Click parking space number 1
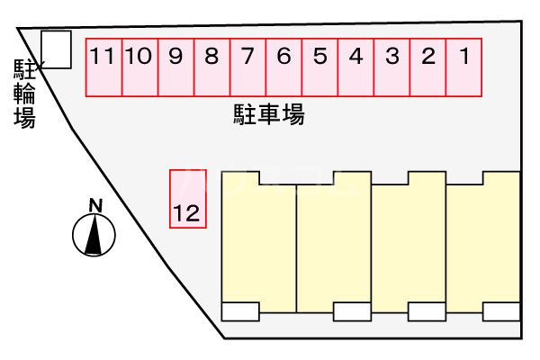pos(464,66)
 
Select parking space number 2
pos(428,66)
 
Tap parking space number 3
pos(392,66)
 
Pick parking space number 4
pos(356,66)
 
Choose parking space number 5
pos(320,66)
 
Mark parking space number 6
pos(284,66)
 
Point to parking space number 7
pos(248,66)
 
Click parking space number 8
pos(212,66)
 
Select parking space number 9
pos(176,66)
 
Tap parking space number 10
pos(139,66)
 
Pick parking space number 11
pos(103,66)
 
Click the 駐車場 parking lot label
pos(268,115)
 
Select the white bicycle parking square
pos(57,49)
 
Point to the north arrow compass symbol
pos(94,237)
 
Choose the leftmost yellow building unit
pos(258,243)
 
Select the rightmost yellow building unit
pos(483,243)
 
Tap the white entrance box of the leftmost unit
pos(240,312)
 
